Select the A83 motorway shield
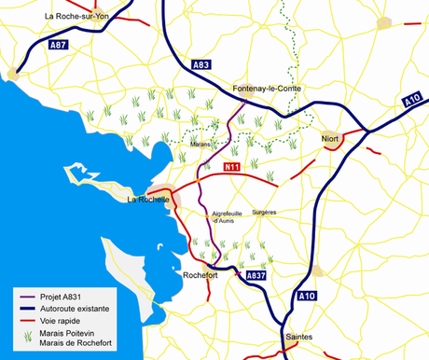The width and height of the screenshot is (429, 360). point(200,64)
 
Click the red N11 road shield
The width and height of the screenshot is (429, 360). point(233,166)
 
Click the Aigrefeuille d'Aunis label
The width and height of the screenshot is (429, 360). point(228,216)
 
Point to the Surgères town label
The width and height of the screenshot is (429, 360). point(265,213)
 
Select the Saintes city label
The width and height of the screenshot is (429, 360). point(299,337)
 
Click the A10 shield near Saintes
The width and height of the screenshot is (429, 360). point(307,296)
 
